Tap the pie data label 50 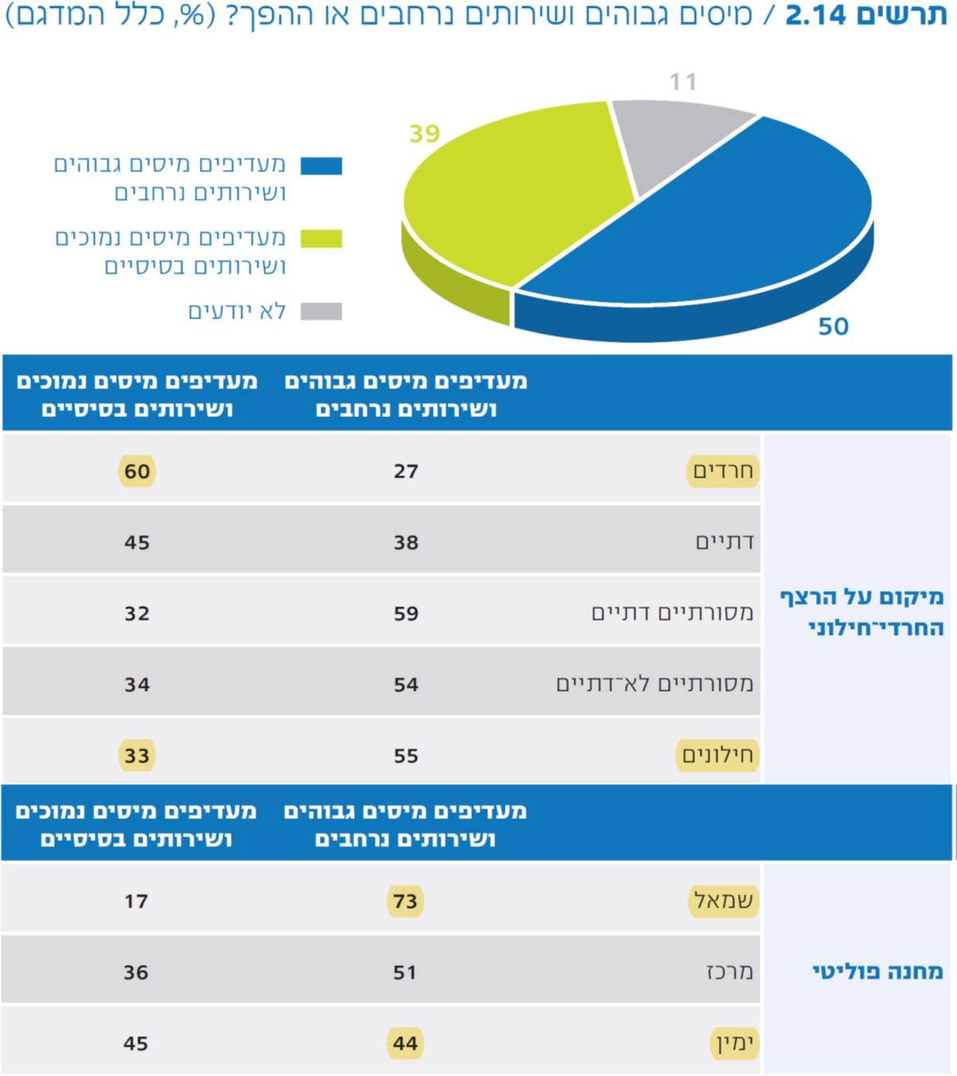click(833, 326)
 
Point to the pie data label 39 click(424, 133)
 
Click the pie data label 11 click(682, 81)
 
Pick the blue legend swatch click(321, 166)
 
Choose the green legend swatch click(321, 239)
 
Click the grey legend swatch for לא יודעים click(321, 311)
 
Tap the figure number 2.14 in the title click(815, 15)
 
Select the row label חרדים click(723, 470)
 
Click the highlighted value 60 click(137, 471)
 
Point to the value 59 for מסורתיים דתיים click(406, 614)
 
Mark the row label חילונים click(717, 755)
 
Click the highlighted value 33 click(137, 755)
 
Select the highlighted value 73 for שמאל click(405, 901)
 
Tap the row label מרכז click(729, 972)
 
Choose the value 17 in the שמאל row click(136, 901)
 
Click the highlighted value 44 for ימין click(405, 1043)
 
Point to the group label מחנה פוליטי click(877, 972)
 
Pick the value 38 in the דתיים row click(406, 543)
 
